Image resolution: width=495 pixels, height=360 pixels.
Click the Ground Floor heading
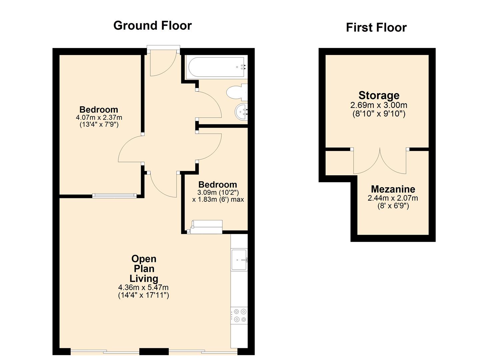point(152,26)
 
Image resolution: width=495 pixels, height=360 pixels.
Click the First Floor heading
point(376,28)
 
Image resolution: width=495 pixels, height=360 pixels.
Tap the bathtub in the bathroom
point(217,67)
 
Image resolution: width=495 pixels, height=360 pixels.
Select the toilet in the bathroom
point(237,92)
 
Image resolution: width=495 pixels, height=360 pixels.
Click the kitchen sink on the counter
point(239,260)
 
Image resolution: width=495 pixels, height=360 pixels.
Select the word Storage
point(379,95)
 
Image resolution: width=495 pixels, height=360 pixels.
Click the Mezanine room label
point(393,189)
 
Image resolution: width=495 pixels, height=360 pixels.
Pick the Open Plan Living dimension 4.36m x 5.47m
point(143,287)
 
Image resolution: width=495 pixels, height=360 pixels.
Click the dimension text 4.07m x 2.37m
point(99,117)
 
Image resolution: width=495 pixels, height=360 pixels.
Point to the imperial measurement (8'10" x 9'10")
point(379,114)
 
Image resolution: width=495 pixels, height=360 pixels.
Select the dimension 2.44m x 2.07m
point(393,198)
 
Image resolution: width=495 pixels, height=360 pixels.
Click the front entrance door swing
point(162,65)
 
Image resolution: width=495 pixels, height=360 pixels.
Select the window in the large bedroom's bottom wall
point(114,196)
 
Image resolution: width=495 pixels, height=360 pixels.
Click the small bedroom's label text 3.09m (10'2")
point(218,192)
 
